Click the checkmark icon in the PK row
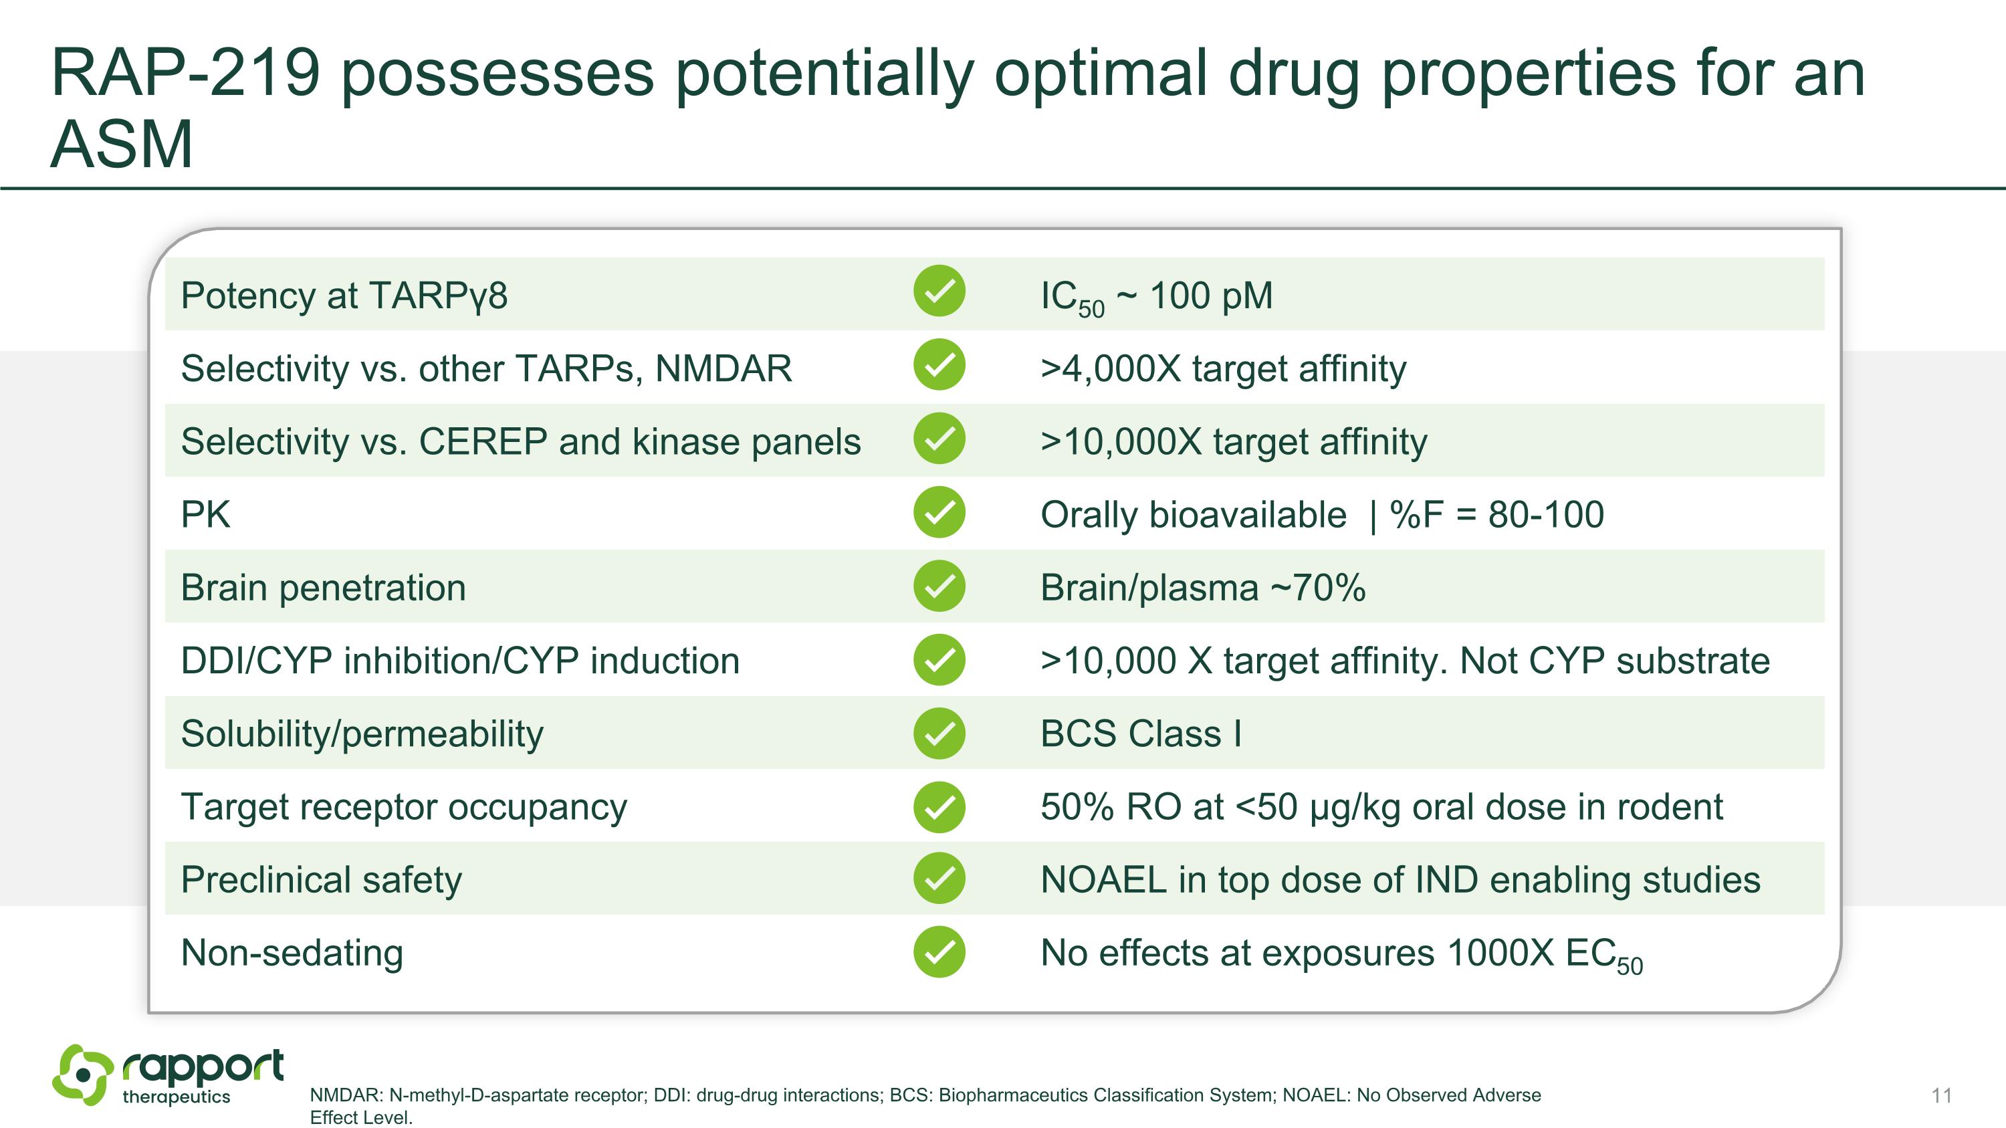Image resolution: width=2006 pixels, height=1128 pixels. pyautogui.click(x=939, y=512)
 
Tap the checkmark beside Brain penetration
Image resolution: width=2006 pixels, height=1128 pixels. pyautogui.click(x=939, y=586)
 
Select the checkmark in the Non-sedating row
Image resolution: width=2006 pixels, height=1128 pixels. pyautogui.click(x=939, y=951)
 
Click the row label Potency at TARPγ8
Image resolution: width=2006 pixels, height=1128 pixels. pyautogui.click(x=344, y=295)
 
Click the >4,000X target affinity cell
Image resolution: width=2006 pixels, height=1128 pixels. pyautogui.click(x=1222, y=368)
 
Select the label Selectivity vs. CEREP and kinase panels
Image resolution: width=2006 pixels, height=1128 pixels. pyautogui.click(x=520, y=441)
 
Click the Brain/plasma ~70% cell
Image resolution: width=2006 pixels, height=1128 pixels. pyautogui.click(x=1202, y=588)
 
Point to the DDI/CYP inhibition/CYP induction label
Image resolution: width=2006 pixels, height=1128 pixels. pyautogui.click(x=459, y=661)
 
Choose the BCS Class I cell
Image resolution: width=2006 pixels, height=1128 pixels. pyautogui.click(x=1140, y=734)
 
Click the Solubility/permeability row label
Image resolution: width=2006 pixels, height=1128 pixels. pyautogui.click(x=361, y=734)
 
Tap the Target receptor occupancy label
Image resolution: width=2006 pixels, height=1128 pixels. pyautogui.click(x=403, y=807)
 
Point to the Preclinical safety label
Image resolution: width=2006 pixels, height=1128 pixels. pyautogui.click(x=321, y=880)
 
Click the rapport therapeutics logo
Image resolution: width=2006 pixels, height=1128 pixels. pyautogui.click(x=167, y=1075)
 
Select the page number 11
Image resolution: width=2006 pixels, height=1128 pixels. pyautogui.click(x=1941, y=1095)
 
